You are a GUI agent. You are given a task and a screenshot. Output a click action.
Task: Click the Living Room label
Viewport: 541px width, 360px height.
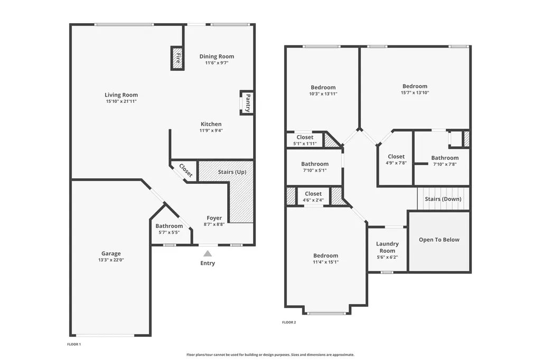(x=121, y=95)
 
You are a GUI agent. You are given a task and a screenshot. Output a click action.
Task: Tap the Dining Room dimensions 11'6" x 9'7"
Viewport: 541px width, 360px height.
(x=217, y=63)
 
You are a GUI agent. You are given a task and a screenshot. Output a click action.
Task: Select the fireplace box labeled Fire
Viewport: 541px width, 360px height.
(x=178, y=58)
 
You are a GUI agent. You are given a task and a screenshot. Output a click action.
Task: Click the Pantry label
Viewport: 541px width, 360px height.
(x=248, y=103)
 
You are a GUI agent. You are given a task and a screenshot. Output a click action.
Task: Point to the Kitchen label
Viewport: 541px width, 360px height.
(x=211, y=124)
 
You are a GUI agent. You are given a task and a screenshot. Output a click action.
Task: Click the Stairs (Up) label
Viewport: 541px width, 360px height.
(x=232, y=172)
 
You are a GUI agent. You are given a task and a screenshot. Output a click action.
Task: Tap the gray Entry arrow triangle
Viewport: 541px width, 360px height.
(x=207, y=254)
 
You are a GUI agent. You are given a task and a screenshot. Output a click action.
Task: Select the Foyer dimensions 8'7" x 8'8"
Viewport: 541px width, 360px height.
(x=214, y=224)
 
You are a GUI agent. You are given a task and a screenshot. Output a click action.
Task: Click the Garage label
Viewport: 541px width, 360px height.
(x=111, y=253)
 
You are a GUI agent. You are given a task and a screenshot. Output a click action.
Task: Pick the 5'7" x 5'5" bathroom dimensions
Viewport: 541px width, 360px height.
(x=169, y=232)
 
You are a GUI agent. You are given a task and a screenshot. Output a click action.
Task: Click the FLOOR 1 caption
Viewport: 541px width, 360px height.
(x=74, y=344)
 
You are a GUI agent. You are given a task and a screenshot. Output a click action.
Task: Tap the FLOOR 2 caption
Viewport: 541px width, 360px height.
(x=289, y=323)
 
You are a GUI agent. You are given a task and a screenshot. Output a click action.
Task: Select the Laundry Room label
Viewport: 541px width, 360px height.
(x=387, y=247)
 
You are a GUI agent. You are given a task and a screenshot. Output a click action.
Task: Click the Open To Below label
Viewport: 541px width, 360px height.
(x=439, y=240)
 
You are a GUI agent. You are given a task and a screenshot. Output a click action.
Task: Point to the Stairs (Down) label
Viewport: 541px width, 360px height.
(x=443, y=199)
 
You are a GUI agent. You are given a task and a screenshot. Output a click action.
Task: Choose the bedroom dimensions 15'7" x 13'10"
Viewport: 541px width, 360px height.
(x=415, y=92)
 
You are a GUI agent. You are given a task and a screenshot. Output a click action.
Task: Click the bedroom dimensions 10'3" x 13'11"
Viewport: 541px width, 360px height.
(x=323, y=93)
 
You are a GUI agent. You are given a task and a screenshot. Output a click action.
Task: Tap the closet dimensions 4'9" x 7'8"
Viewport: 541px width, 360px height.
(x=396, y=163)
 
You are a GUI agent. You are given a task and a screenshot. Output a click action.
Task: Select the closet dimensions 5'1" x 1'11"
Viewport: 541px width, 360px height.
(x=305, y=144)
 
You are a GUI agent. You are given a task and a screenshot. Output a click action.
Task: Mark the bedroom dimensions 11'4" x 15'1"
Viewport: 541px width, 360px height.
(x=325, y=262)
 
